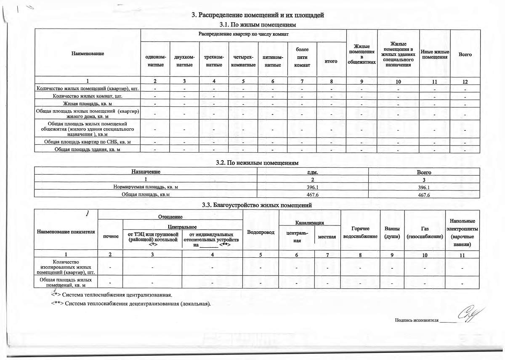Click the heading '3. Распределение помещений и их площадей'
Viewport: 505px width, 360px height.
click(258, 16)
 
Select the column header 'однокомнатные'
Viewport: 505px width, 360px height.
click(155, 61)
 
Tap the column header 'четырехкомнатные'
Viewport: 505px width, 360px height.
click(244, 61)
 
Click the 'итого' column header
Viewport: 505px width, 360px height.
click(331, 61)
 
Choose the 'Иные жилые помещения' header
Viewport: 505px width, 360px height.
click(435, 54)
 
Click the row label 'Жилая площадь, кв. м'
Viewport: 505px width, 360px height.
click(88, 103)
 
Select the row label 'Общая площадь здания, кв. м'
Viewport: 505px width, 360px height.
click(88, 150)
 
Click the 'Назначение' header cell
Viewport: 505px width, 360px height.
click(146, 172)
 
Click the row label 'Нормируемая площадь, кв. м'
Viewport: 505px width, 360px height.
click(146, 187)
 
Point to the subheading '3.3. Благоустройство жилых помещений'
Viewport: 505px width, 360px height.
click(257, 205)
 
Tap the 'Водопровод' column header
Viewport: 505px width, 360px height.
click(261, 232)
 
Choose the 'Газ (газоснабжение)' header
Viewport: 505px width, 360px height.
click(425, 232)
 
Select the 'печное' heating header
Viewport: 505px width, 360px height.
click(110, 236)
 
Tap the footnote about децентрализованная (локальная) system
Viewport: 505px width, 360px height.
click(130, 303)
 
